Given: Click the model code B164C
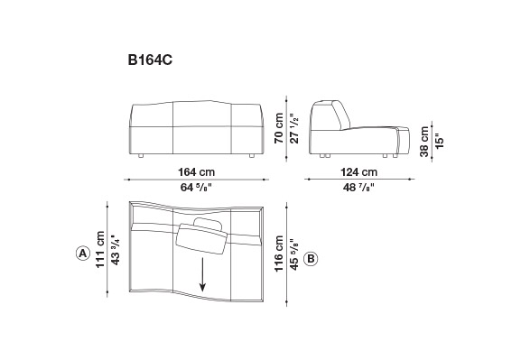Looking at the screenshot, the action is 150,60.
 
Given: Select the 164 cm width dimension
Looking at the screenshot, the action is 196,172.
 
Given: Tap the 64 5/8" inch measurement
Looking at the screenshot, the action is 196,188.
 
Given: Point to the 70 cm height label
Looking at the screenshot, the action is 279,128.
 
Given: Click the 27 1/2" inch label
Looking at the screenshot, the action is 294,128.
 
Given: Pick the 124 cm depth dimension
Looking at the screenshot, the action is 358,172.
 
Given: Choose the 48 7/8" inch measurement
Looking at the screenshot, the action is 358,188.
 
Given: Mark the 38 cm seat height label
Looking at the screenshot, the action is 424,142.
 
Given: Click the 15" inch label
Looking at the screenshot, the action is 439,141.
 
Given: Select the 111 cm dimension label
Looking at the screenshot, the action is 100,249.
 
